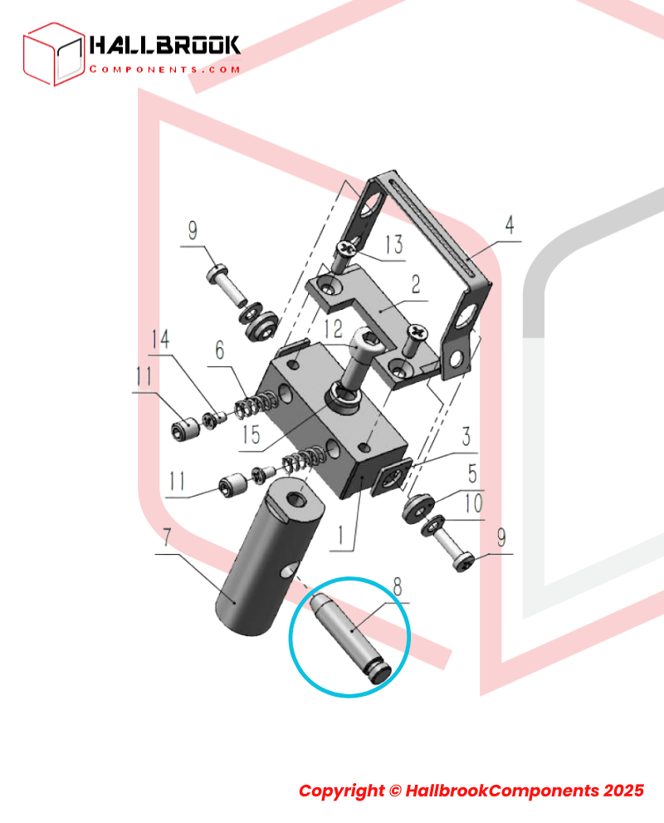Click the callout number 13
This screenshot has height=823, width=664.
394,244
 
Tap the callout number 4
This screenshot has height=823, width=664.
510,225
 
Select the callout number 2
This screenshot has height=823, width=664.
415,284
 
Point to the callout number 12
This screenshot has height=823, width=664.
333,329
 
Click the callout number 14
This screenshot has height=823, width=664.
160,339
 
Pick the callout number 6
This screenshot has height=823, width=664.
220,350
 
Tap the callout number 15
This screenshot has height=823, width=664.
251,434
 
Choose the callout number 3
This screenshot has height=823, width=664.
466,436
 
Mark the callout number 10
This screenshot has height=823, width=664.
473,504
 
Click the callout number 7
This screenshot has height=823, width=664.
167,537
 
